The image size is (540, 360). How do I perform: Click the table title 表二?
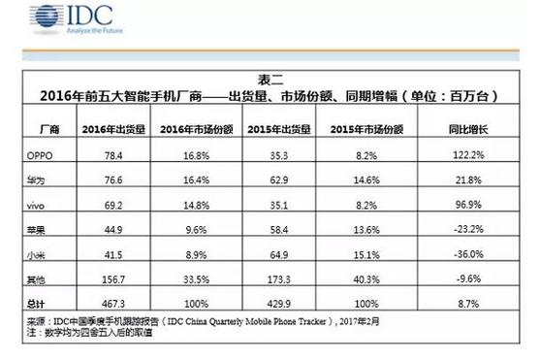(270, 80)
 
